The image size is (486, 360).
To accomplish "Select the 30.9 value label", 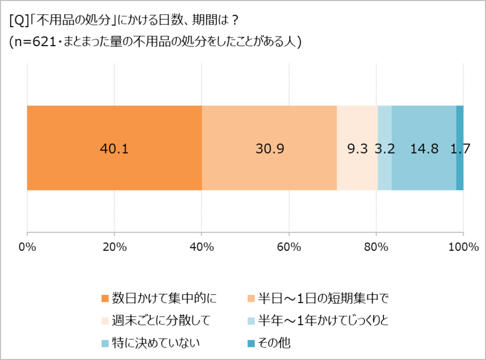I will point(269,149).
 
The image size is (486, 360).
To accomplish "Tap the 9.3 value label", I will point(357,149).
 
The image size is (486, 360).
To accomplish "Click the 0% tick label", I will point(27,247).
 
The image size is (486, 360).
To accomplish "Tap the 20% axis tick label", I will point(114,247).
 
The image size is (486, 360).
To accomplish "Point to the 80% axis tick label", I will point(376,247).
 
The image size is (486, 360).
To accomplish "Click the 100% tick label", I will point(463,247).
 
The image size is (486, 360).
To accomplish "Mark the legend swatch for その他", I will point(251,343).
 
